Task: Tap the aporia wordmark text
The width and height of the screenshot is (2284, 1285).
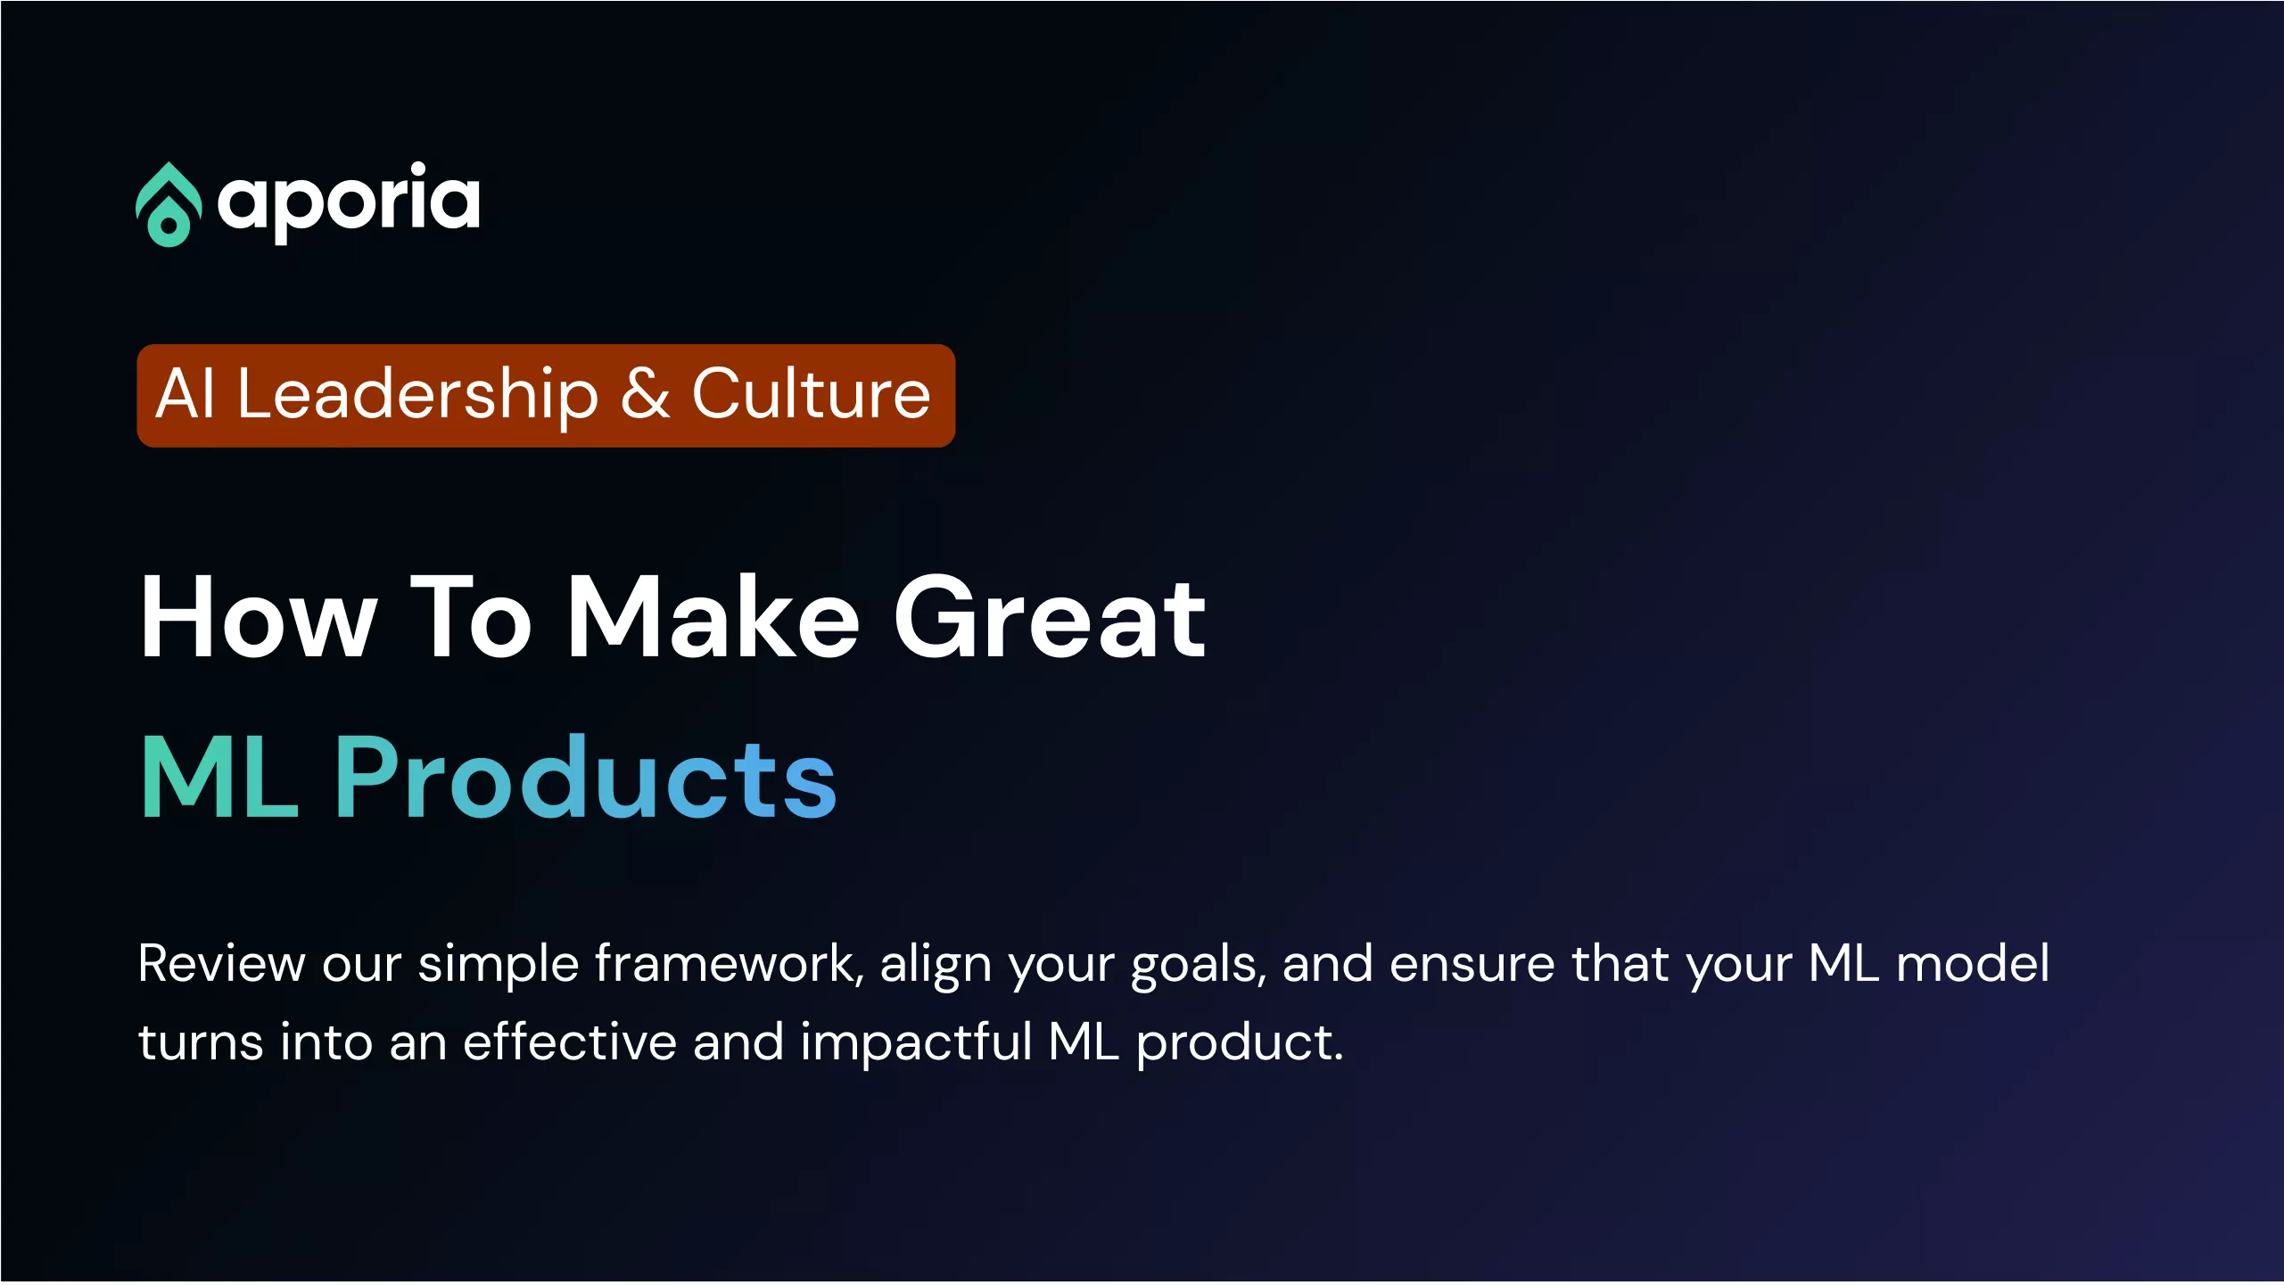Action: (x=349, y=202)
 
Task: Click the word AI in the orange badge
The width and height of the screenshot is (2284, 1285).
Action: (x=186, y=394)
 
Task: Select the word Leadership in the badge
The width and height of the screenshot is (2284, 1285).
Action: (x=417, y=395)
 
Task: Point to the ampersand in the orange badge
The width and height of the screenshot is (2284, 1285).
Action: (x=645, y=393)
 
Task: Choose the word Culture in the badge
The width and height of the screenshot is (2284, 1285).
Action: (x=811, y=393)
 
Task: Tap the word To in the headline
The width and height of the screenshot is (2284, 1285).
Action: (x=471, y=617)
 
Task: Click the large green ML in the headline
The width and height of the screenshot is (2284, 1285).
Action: (x=219, y=776)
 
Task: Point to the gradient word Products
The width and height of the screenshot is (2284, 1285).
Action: (x=586, y=775)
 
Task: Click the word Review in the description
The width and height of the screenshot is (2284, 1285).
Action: (x=222, y=964)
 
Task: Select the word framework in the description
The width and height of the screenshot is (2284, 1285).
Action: (x=729, y=964)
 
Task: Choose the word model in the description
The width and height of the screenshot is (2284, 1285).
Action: (x=1973, y=963)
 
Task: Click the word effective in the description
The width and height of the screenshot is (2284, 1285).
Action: (x=570, y=1042)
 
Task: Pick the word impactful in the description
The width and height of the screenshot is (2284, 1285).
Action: (x=916, y=1044)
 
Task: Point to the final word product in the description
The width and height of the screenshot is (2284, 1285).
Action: (x=1240, y=1044)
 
